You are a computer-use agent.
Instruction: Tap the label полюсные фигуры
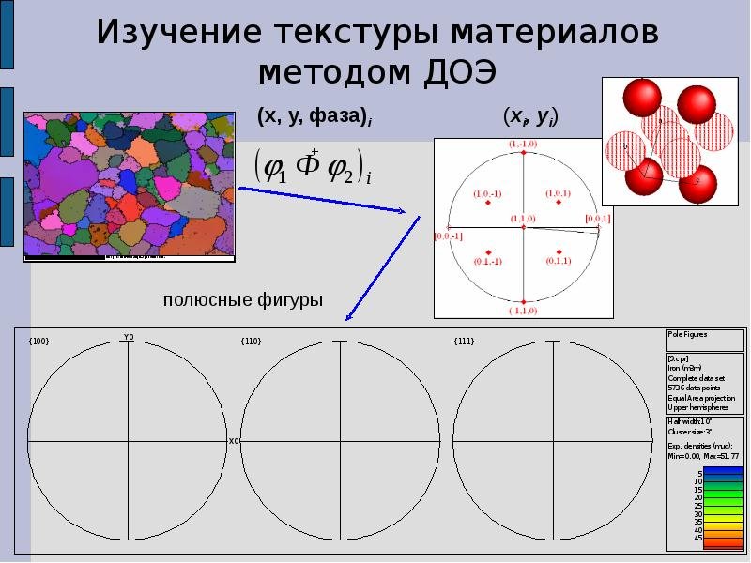(x=243, y=300)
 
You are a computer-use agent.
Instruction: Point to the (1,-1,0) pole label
(x=523, y=143)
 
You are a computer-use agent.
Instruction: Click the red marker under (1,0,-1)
(x=488, y=202)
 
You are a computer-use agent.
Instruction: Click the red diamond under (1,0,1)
(x=559, y=202)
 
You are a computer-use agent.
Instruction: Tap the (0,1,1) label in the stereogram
(x=559, y=261)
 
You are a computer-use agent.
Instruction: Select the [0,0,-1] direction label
(x=448, y=236)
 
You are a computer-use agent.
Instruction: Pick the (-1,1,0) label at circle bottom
(x=523, y=310)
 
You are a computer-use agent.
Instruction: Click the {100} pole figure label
(x=39, y=342)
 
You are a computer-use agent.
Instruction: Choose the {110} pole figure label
(x=252, y=342)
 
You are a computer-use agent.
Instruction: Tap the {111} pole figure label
(x=464, y=342)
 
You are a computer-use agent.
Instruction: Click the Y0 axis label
(x=129, y=337)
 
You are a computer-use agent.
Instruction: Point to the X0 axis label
(x=234, y=441)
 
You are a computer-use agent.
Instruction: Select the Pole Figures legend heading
(x=688, y=334)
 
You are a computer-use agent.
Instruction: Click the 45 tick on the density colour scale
(x=697, y=538)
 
